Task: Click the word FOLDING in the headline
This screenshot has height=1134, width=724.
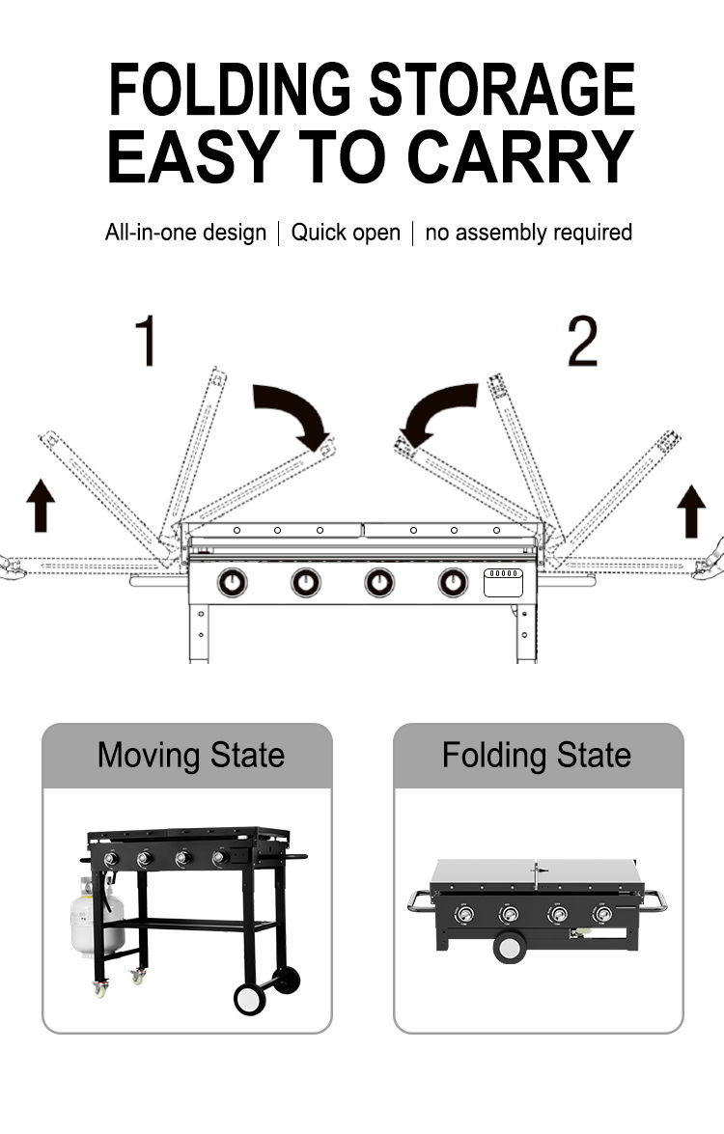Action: pos(230,90)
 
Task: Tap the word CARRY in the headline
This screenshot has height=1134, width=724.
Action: pos(520,156)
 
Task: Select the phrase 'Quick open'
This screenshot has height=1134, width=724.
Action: pos(346,233)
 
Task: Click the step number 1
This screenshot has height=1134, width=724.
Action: pos(147,340)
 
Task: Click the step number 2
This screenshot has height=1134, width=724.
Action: pos(582,341)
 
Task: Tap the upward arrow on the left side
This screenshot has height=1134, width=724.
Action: pos(41,506)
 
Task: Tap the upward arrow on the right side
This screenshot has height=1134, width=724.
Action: pos(691,512)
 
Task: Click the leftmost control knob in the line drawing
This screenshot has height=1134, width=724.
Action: pos(233,582)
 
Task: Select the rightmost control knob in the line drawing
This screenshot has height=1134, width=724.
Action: pos(453,582)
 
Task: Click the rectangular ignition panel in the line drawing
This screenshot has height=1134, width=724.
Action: pos(503,582)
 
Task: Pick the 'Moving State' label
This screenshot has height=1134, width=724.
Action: pos(191,756)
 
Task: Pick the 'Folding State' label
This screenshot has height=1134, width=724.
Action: pos(537,756)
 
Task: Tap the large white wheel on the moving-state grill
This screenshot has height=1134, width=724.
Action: pos(249,999)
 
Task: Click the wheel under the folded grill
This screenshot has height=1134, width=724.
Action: pos(510,947)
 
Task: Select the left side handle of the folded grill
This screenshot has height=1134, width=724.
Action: pos(420,901)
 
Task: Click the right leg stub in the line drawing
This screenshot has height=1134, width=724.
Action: pos(526,633)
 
